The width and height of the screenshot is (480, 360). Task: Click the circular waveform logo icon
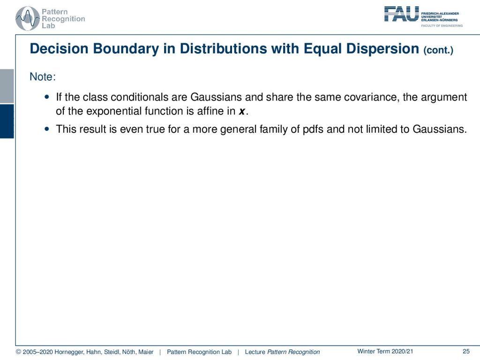coord(28,18)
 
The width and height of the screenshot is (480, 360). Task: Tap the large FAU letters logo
coord(401,14)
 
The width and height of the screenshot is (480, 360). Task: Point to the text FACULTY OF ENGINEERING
coord(442,26)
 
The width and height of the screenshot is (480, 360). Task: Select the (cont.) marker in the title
coord(438,50)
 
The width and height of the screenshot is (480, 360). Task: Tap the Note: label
coord(43,76)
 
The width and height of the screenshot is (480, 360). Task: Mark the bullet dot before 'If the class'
coord(46,97)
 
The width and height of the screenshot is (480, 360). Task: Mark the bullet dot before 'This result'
coord(46,129)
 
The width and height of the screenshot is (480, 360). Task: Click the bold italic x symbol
coord(242,112)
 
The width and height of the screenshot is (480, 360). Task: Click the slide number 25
coord(466,352)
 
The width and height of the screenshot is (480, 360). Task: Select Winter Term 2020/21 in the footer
coord(385,352)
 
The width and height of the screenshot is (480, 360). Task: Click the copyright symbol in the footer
coord(18,352)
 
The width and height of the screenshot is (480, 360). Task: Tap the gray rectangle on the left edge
coord(7,86)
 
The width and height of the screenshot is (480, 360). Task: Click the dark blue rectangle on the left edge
coord(7,121)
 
